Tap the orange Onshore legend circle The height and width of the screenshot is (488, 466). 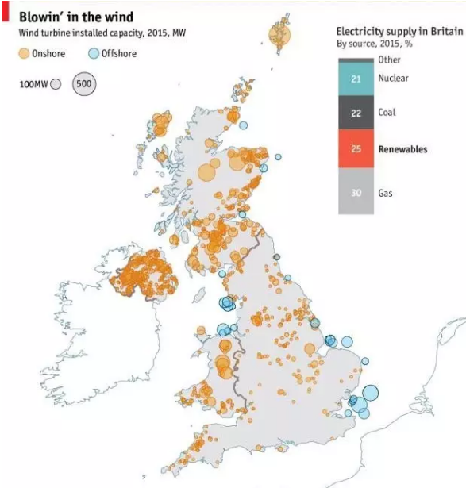pos(25,53)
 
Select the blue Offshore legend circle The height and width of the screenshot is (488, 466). pos(92,53)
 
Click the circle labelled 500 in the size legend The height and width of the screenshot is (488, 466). pos(84,83)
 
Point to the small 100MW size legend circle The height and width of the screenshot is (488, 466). pos(56,84)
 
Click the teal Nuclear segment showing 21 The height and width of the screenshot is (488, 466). pos(356,79)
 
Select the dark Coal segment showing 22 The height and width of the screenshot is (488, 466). pos(356,113)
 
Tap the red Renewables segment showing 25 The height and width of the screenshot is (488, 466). pos(356,149)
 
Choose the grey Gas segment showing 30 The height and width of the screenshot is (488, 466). pos(356,192)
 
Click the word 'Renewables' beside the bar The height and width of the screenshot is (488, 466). pos(402,149)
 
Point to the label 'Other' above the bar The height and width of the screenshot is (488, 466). pos(389,60)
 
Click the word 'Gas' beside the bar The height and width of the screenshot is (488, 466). pos(386,192)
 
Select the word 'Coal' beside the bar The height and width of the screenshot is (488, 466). pos(387,113)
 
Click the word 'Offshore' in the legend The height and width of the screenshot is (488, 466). pos(118,53)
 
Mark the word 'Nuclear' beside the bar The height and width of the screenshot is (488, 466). pos(393,79)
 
